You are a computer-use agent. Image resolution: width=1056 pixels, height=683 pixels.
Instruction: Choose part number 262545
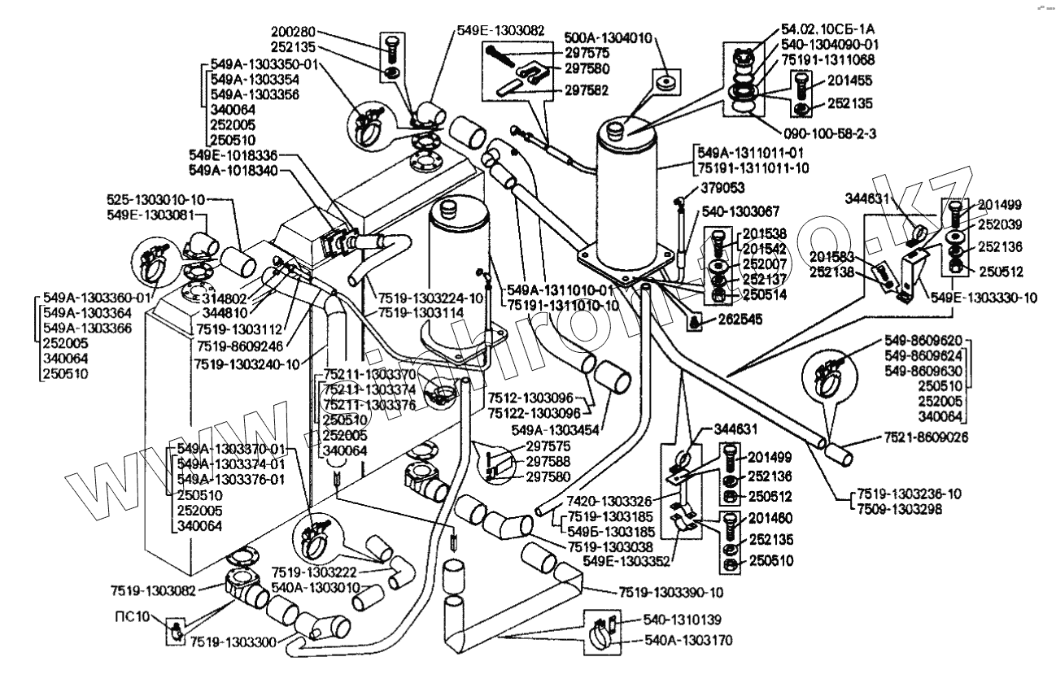pos(740,320)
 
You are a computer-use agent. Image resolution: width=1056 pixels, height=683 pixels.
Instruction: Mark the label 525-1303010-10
pos(156,198)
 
